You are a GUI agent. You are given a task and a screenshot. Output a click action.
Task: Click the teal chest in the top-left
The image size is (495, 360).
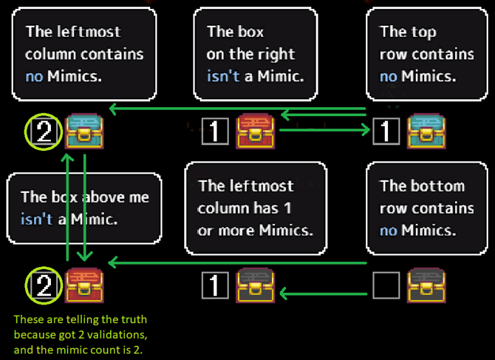click(84, 132)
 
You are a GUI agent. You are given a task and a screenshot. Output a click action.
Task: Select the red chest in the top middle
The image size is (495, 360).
click(257, 132)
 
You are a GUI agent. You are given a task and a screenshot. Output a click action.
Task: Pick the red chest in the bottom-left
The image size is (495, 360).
click(84, 285)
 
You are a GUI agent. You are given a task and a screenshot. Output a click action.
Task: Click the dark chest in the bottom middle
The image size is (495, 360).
click(257, 285)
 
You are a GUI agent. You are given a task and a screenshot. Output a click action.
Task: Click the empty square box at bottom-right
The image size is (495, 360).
click(387, 285)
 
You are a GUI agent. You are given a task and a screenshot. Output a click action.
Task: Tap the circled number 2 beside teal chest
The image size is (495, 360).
click(43, 133)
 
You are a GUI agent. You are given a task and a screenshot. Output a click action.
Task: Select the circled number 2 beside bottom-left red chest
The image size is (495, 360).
click(43, 285)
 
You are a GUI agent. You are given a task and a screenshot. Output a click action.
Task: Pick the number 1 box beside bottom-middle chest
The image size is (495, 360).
click(215, 285)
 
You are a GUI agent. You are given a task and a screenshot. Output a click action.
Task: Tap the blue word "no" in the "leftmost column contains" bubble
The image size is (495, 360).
click(34, 77)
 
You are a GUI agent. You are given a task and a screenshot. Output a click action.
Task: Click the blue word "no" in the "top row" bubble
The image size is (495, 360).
click(388, 77)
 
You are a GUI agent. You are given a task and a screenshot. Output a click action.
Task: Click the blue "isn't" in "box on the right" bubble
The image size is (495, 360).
click(223, 77)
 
